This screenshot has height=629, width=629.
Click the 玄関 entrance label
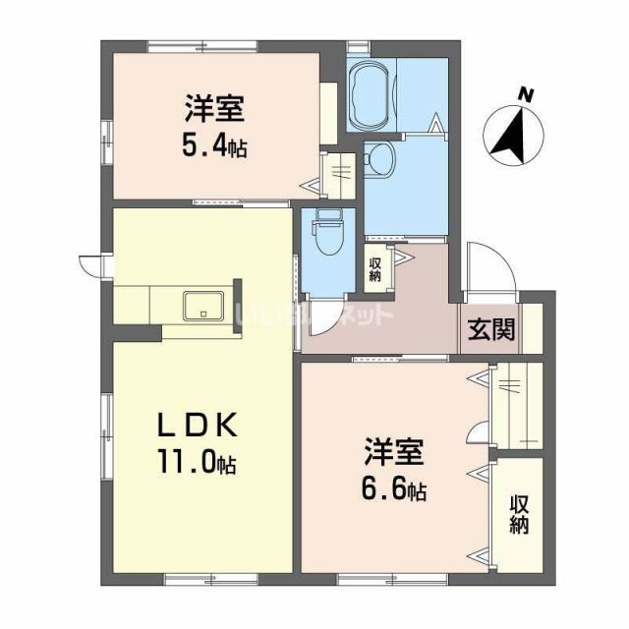tap(490, 330)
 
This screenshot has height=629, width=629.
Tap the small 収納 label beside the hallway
tap(375, 267)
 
